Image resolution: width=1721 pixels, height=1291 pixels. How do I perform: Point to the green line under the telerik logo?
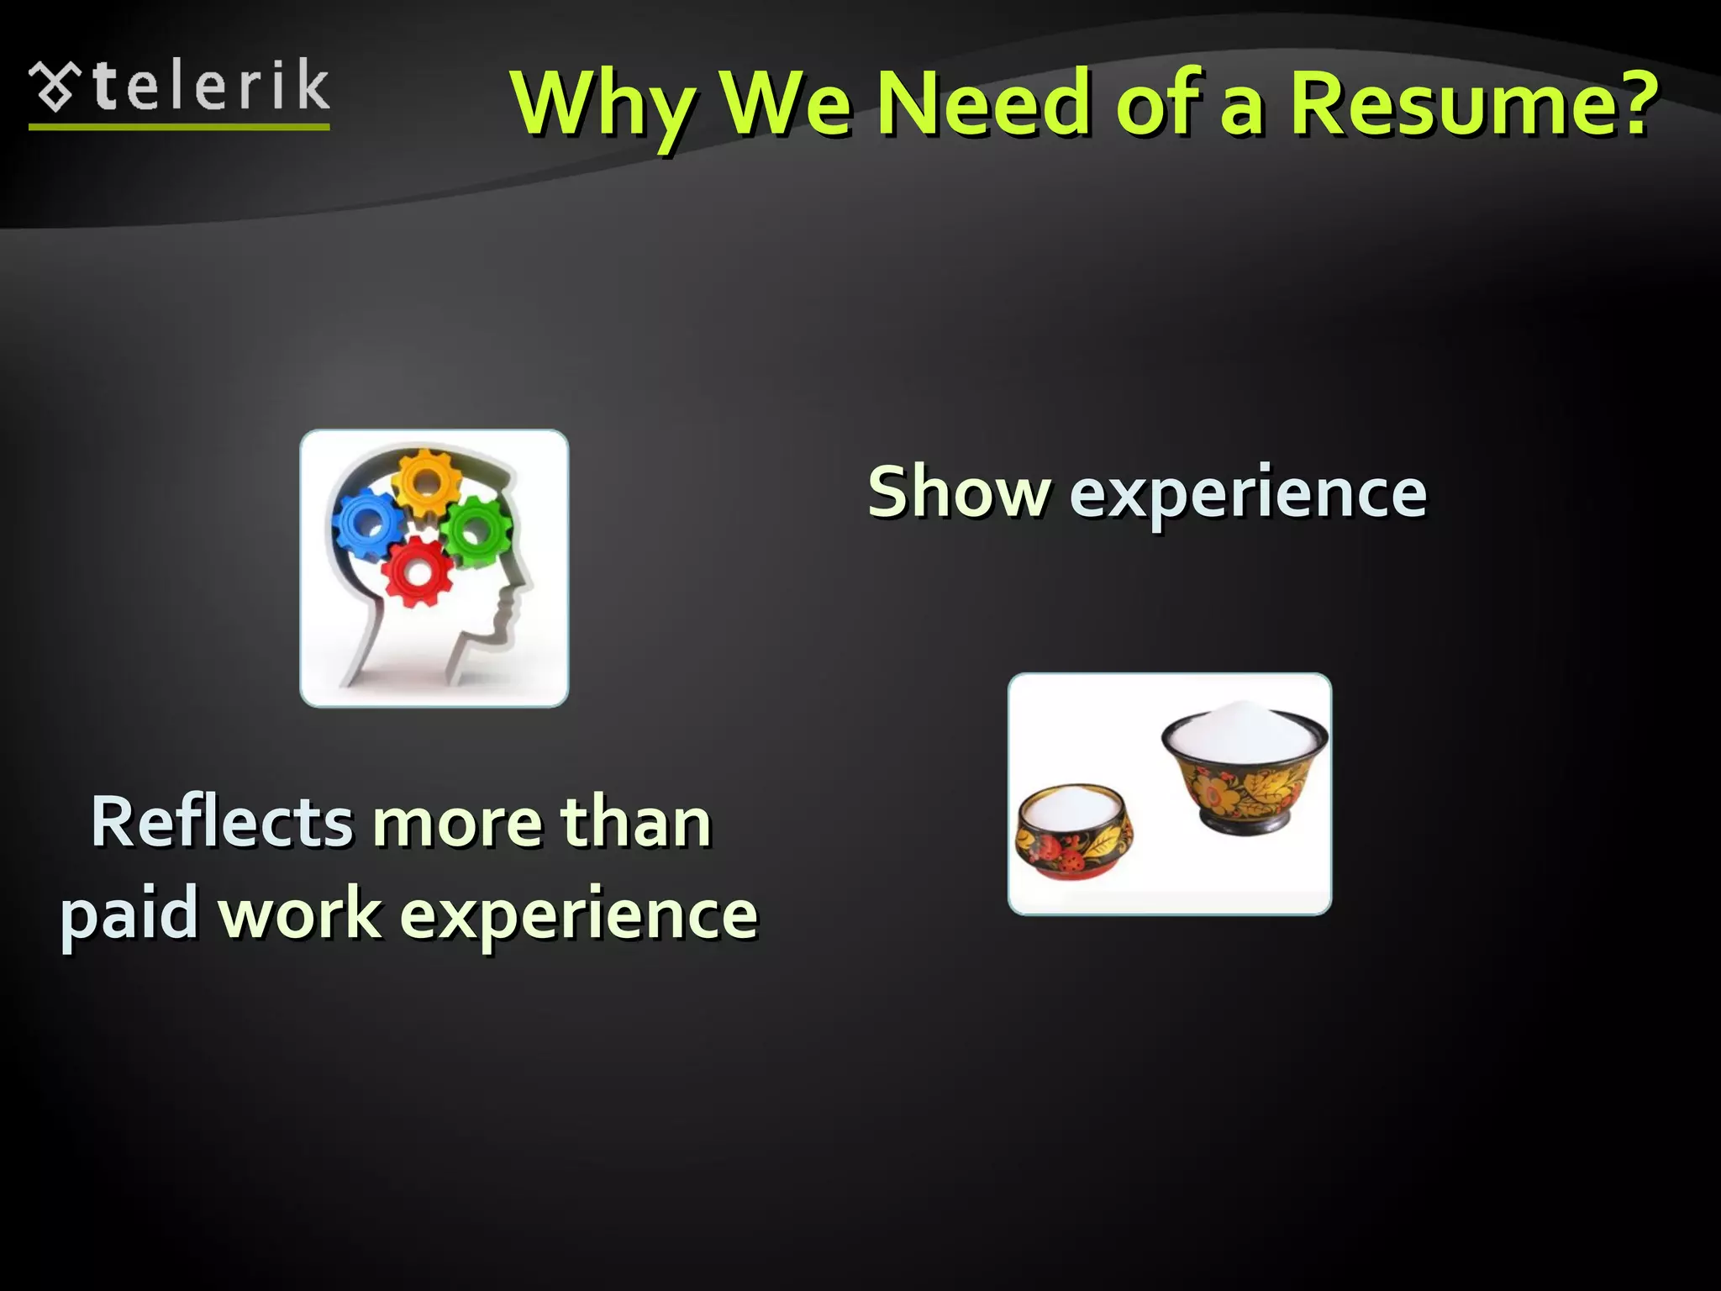(179, 127)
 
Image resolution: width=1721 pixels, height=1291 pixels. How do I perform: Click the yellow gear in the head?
(427, 482)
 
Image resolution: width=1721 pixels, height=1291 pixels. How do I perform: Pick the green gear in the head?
(475, 530)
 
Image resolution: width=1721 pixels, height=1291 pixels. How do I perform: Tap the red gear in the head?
(417, 572)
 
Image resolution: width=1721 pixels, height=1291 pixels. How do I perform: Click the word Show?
(958, 493)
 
